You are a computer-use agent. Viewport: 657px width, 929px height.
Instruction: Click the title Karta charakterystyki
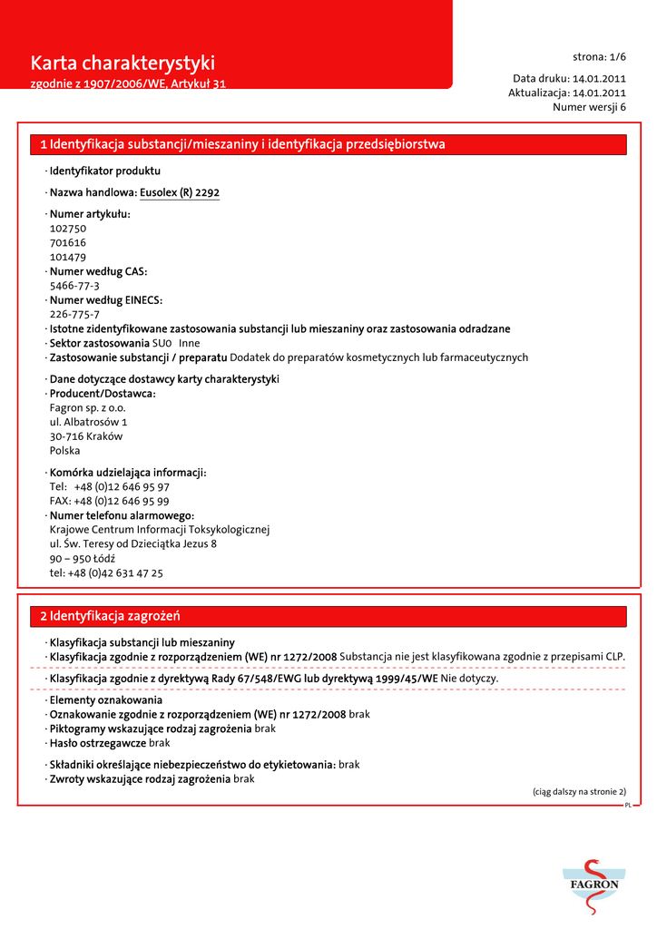click(123, 63)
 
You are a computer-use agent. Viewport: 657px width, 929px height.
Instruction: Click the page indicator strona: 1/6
click(599, 56)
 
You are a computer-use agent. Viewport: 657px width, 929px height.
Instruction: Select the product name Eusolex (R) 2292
click(180, 192)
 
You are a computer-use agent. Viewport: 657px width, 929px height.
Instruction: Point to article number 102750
click(68, 229)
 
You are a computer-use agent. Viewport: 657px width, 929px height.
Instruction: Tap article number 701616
click(68, 243)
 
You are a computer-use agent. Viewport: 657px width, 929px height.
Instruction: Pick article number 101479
click(68, 258)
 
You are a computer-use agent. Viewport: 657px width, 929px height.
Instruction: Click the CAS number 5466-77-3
click(74, 286)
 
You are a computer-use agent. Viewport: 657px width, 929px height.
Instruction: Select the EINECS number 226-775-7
click(74, 315)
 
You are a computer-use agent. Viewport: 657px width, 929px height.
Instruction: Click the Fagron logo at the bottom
click(594, 885)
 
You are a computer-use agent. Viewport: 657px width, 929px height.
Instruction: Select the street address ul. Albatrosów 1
click(88, 422)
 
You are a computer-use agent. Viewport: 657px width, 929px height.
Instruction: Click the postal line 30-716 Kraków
click(86, 436)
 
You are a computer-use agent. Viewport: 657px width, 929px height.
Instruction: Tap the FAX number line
click(109, 501)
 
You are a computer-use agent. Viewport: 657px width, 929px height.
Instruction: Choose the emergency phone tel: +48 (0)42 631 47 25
click(106, 573)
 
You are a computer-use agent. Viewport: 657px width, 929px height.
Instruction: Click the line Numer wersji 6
click(589, 107)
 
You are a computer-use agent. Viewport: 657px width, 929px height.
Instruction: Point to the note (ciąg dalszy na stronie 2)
click(579, 792)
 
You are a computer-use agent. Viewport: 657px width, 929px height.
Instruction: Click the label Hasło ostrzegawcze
click(98, 743)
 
